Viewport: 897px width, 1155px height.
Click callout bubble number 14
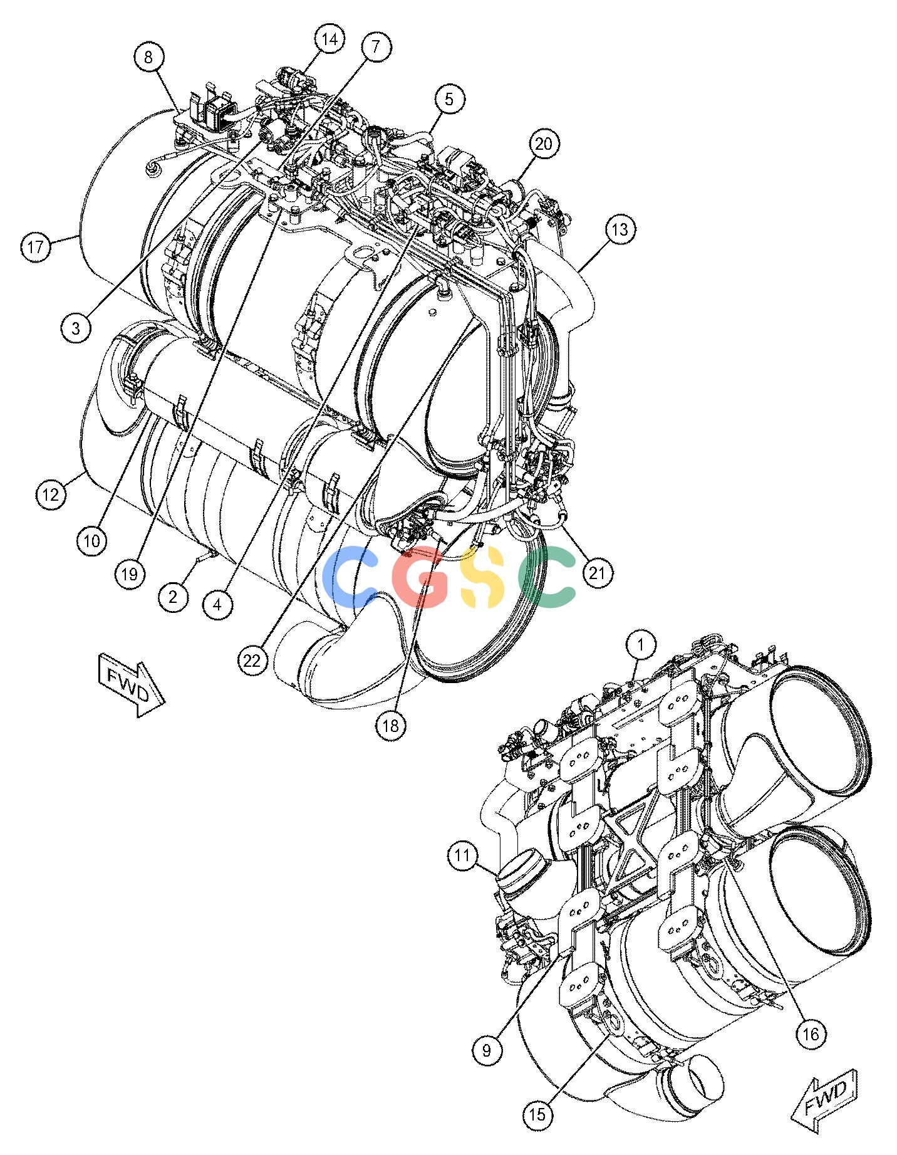coord(329,39)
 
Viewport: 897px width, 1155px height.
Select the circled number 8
coord(148,57)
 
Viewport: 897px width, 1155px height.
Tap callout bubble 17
coord(36,247)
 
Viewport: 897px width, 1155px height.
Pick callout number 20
coord(544,144)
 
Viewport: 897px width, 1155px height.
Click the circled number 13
coord(619,230)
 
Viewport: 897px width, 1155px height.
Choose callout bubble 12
coord(51,495)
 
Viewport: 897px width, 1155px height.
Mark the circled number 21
coord(598,573)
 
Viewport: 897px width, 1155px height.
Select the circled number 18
coord(391,725)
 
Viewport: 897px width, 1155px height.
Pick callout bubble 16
coord(810,1033)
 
